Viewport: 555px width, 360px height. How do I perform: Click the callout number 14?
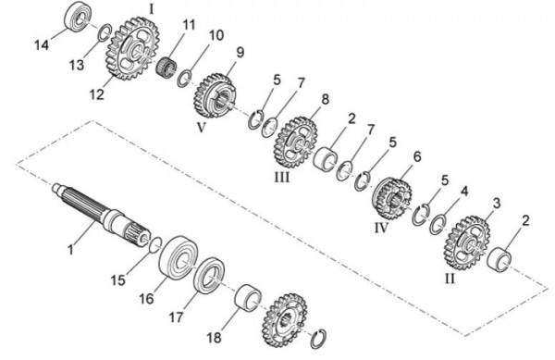[x=42, y=45]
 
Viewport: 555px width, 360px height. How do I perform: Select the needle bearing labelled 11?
[x=166, y=66]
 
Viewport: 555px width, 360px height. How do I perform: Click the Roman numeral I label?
[x=152, y=9]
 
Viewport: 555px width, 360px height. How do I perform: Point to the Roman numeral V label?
[x=201, y=128]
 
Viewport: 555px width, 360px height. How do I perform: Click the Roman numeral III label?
[x=282, y=177]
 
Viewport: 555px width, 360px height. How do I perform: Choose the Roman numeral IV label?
[x=381, y=228]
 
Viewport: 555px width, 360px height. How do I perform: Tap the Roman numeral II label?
[x=450, y=279]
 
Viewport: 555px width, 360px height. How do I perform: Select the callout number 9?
[x=240, y=53]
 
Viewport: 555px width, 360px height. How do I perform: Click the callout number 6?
[x=417, y=156]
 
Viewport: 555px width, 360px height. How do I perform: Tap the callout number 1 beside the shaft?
[x=71, y=250]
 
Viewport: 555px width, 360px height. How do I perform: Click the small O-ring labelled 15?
[x=155, y=245]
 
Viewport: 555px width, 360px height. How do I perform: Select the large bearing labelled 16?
[x=179, y=257]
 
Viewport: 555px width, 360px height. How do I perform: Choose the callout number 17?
[x=176, y=317]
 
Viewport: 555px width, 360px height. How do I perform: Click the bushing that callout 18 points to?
[x=248, y=298]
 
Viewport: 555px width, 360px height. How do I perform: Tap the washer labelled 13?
[x=105, y=32]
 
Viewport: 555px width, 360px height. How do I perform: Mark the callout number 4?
[x=464, y=192]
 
